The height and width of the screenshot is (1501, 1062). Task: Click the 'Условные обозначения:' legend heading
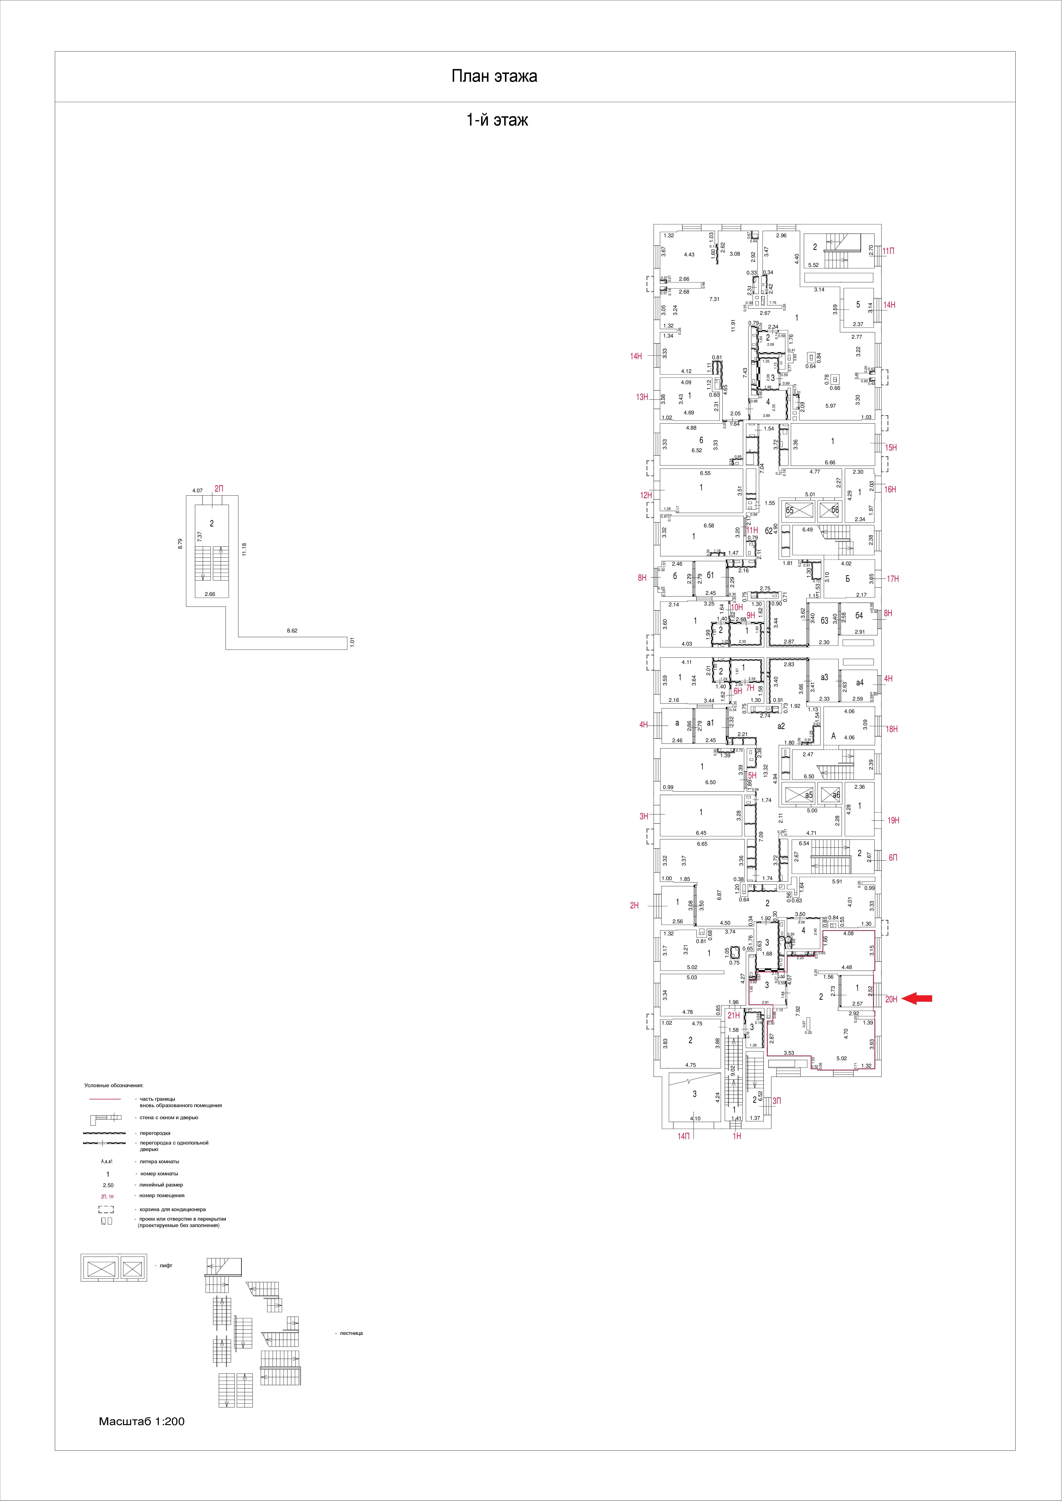pos(114,1085)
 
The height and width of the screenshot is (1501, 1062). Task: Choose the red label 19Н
pos(893,820)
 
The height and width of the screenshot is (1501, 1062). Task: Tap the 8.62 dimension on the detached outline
pos(292,631)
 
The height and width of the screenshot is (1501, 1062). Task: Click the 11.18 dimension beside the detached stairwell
pos(243,549)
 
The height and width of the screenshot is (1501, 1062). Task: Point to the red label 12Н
pos(646,496)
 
